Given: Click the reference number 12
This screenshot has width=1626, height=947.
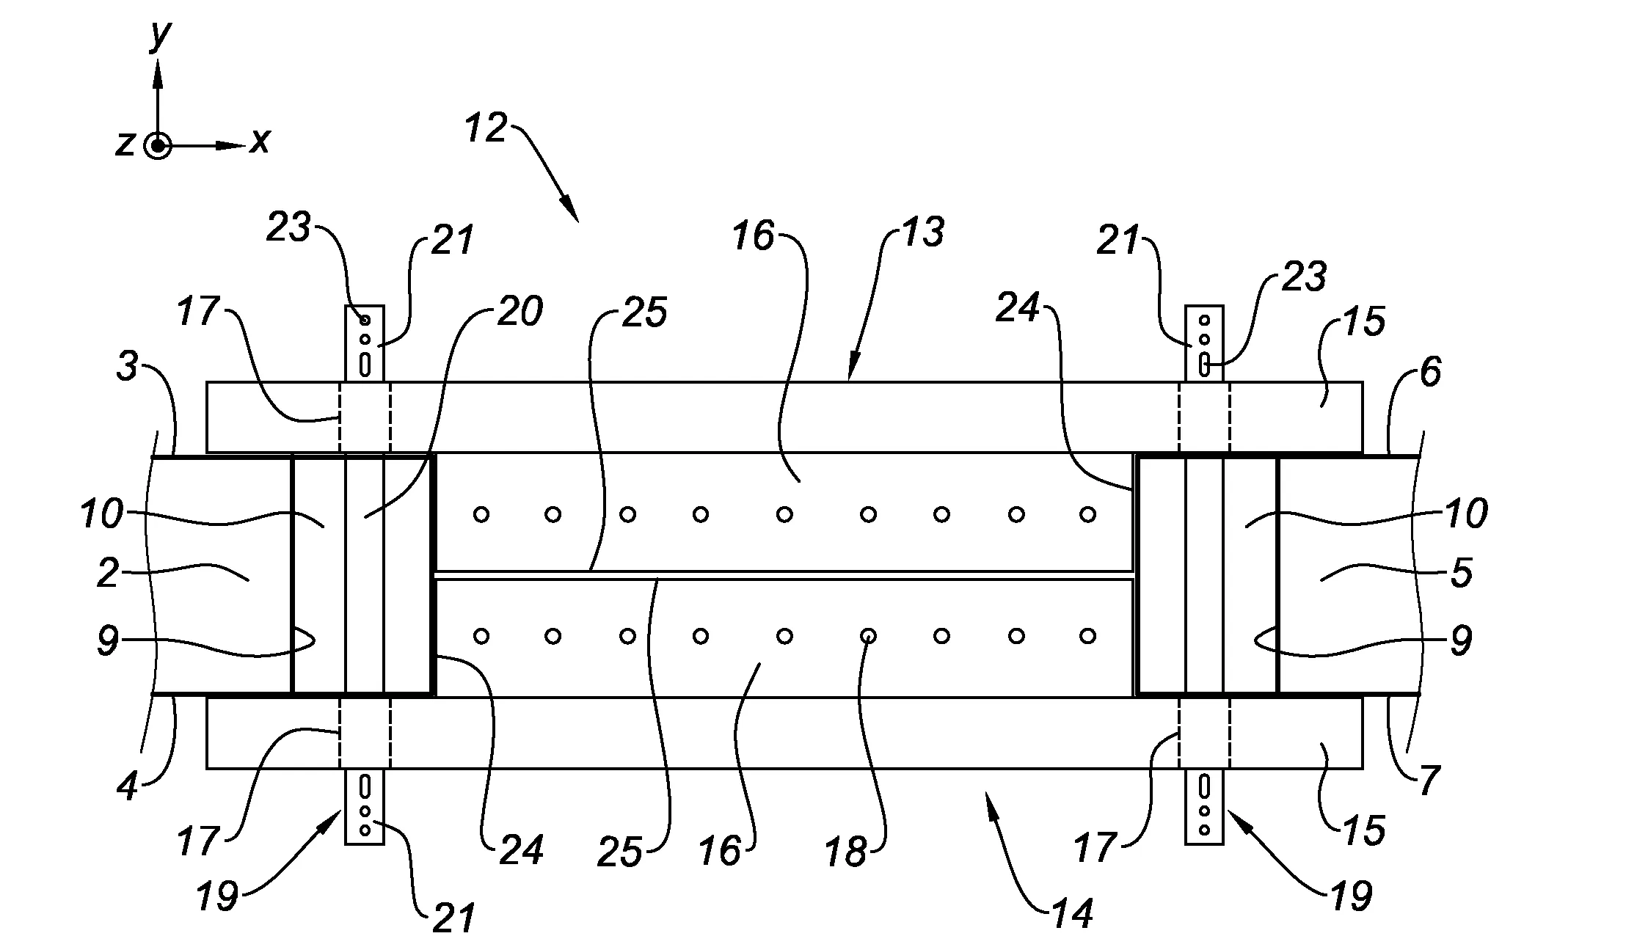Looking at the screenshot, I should click(x=486, y=129).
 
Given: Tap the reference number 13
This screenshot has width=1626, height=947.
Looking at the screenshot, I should click(x=922, y=233).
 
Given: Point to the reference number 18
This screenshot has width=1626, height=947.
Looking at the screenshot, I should click(x=846, y=853).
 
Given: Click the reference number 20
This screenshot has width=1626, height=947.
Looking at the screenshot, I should click(x=520, y=311).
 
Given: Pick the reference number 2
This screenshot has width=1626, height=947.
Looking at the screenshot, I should click(x=108, y=574).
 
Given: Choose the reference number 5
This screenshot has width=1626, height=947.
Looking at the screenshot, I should click(x=1462, y=574).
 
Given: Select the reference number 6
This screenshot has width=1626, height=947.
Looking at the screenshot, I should click(x=1430, y=373).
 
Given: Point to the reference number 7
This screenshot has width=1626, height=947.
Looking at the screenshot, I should click(x=1429, y=780).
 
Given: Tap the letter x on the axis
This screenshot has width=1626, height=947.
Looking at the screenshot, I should click(x=260, y=139).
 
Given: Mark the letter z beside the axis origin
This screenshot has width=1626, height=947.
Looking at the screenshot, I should click(x=125, y=144).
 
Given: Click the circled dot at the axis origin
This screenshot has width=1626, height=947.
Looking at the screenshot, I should click(x=157, y=146).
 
